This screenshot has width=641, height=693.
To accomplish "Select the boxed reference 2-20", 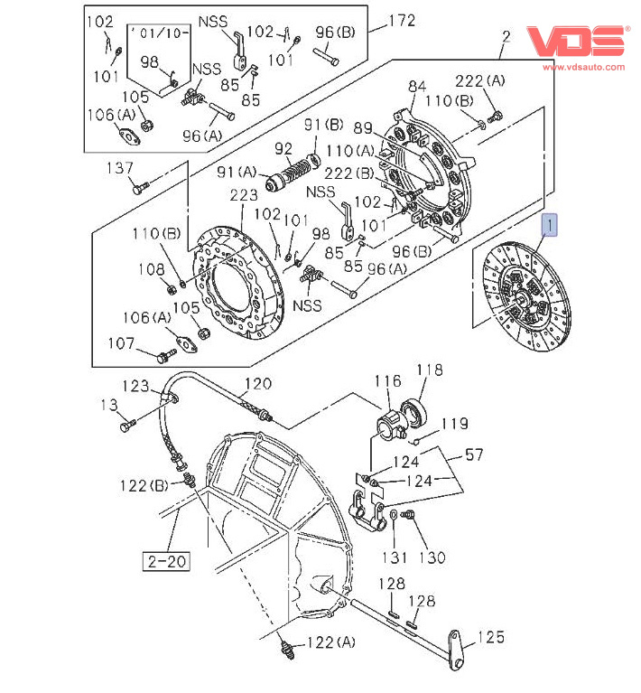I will tap(164, 560).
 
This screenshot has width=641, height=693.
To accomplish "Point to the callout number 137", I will tap(120, 168).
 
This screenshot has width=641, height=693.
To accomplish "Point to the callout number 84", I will tap(416, 87).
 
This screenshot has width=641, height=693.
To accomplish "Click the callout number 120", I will tap(258, 382).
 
